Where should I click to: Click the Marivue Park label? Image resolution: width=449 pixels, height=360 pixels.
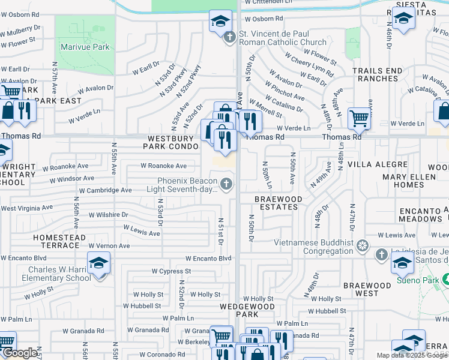(x=85, y=47)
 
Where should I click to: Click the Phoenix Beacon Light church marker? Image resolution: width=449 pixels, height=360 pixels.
(x=226, y=184)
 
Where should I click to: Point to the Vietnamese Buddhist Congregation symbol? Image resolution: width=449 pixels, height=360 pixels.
(x=362, y=245)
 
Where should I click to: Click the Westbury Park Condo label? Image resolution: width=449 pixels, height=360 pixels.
(x=171, y=142)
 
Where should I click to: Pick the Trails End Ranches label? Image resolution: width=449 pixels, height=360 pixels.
(x=377, y=74)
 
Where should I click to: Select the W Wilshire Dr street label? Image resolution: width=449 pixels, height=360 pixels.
(x=109, y=214)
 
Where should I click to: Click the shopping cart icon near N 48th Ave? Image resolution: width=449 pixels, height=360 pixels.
(x=359, y=118)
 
